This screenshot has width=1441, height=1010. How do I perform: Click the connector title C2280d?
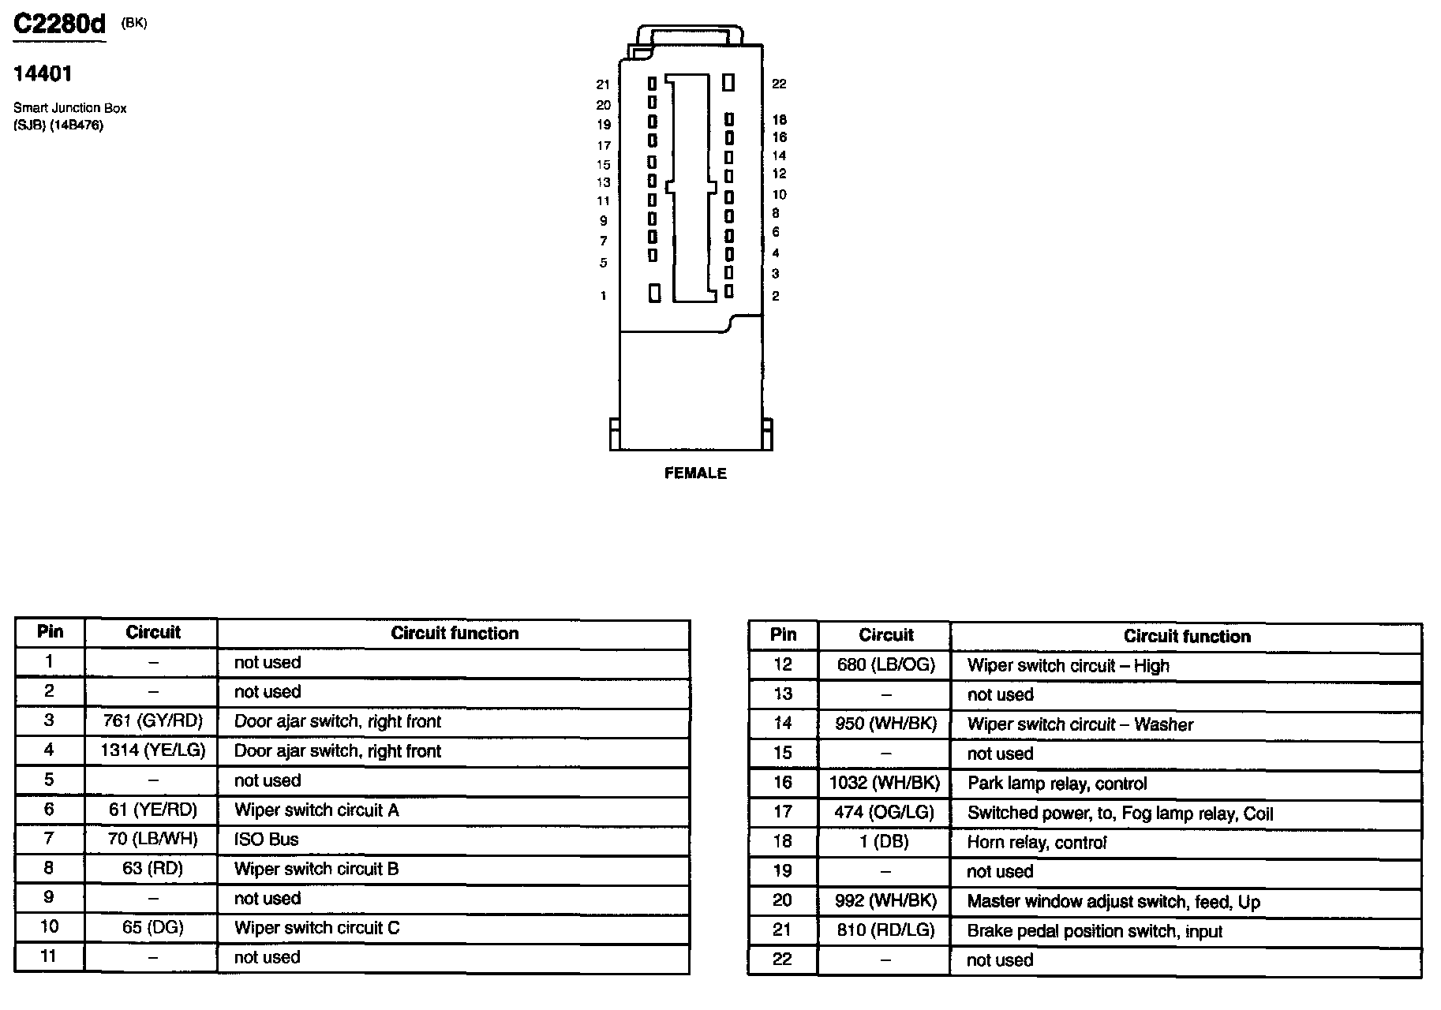[x=60, y=24]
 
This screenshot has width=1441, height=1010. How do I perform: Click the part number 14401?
[x=43, y=74]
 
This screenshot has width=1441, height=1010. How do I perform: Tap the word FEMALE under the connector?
[x=695, y=473]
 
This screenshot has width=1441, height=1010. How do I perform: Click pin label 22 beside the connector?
[x=779, y=84]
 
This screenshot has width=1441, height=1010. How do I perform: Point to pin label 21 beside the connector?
[x=603, y=84]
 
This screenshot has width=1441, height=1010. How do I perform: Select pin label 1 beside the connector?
[x=603, y=296]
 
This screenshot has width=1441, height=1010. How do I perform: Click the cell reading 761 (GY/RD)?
[x=152, y=721]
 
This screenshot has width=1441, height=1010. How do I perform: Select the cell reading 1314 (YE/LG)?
[x=152, y=751]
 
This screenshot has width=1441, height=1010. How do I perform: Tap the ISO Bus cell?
[x=267, y=840]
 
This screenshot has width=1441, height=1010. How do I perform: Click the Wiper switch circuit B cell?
[x=316, y=870]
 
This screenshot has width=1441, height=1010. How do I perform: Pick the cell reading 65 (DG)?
[x=152, y=927]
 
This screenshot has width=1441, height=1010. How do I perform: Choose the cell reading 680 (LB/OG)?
[x=885, y=665]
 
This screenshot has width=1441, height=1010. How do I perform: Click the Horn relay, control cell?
[x=1037, y=843]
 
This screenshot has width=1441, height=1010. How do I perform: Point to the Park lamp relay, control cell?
[x=1057, y=784]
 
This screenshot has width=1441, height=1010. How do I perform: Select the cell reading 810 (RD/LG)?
[x=885, y=930]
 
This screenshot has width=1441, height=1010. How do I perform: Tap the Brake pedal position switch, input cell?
[x=1095, y=932]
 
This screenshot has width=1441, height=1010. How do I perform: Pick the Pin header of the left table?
[x=50, y=632]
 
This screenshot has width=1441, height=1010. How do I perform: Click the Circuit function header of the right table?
[x=1187, y=637]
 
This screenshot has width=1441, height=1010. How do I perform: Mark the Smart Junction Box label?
[x=69, y=108]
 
